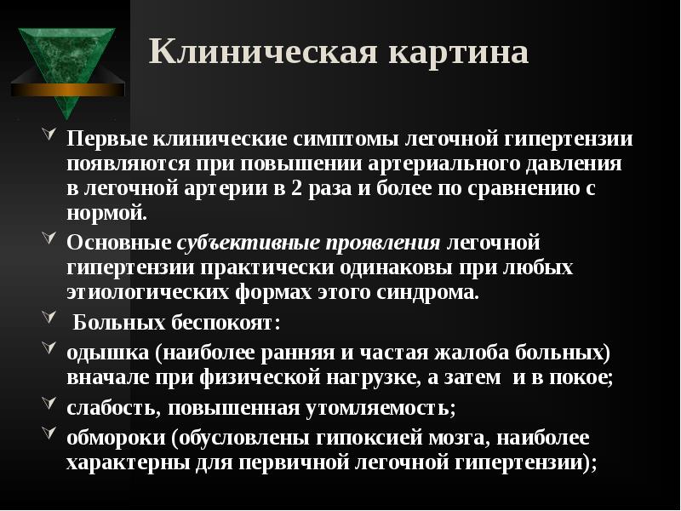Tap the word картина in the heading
[459, 52]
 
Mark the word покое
[581, 378]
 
